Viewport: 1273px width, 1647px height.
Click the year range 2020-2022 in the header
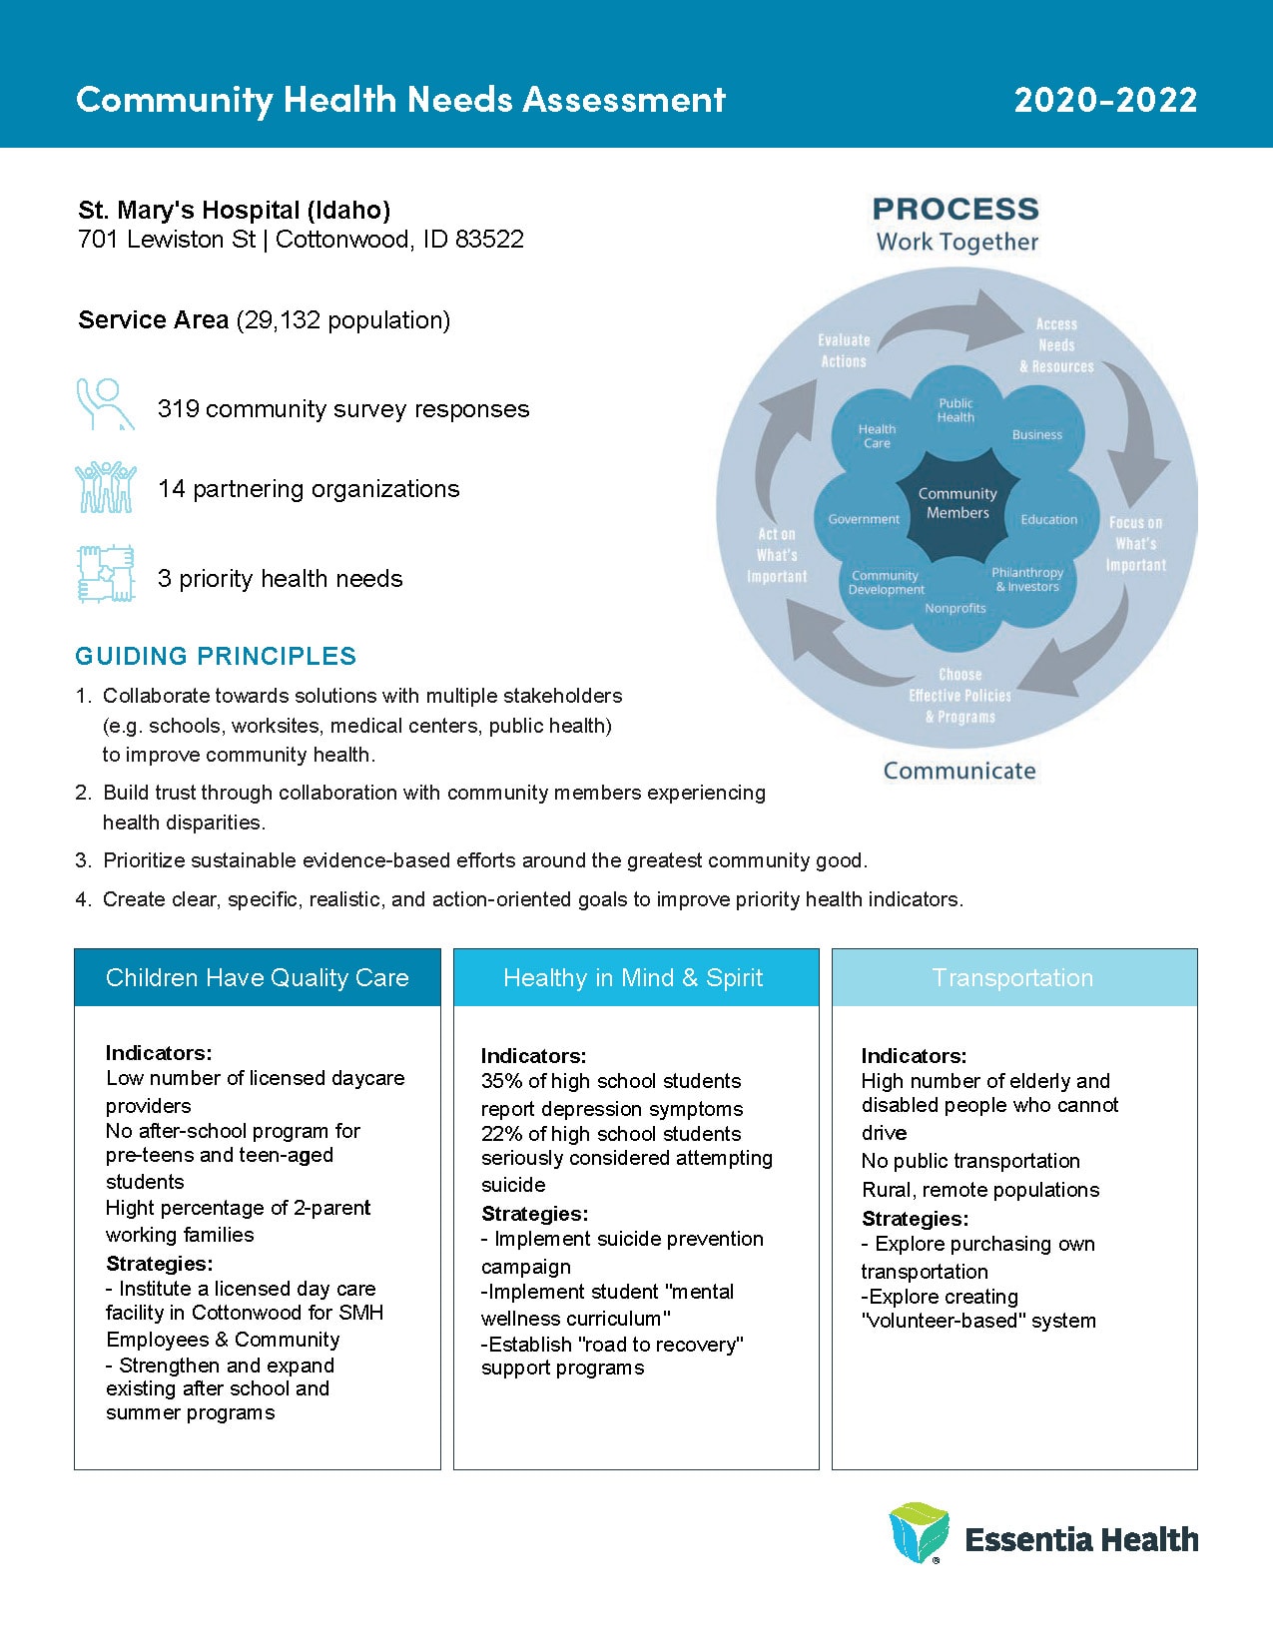1105,99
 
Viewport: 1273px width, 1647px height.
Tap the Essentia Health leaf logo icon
919,1532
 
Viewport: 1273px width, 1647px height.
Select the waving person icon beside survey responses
105,404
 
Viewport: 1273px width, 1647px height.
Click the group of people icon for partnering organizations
105,487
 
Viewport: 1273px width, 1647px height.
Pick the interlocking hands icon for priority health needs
105,574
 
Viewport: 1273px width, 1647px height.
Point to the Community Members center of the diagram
957,503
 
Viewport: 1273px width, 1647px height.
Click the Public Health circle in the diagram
955,410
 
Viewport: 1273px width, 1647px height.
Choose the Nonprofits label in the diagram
955,608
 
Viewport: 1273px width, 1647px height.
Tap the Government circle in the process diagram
864,519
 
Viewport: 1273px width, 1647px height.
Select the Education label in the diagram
1048,519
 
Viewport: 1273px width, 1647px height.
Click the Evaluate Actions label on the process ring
844,350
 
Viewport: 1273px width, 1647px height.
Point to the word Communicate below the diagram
959,771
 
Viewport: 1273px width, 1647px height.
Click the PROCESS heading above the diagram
955,210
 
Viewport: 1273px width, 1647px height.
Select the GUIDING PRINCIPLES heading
216,656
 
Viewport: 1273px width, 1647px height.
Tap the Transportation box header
1013,978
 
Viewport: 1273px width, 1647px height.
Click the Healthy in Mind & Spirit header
633,978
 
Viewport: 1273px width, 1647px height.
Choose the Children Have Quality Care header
258,978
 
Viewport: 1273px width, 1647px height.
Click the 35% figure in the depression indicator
501,1081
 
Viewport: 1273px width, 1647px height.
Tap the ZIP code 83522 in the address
489,240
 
